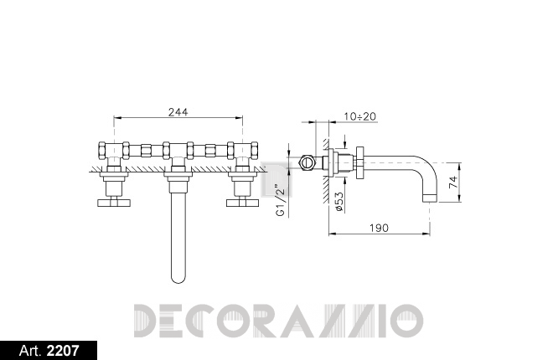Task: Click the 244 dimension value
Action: click(x=178, y=112)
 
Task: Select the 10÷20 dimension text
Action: click(x=359, y=116)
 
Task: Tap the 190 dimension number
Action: click(x=379, y=228)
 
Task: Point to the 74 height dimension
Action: click(x=453, y=183)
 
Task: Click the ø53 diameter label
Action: click(x=339, y=202)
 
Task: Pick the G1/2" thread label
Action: click(x=281, y=200)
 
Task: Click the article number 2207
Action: click(x=63, y=351)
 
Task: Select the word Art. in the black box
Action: click(x=31, y=351)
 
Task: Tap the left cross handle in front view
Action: click(x=114, y=203)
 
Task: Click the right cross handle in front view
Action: click(x=243, y=203)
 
